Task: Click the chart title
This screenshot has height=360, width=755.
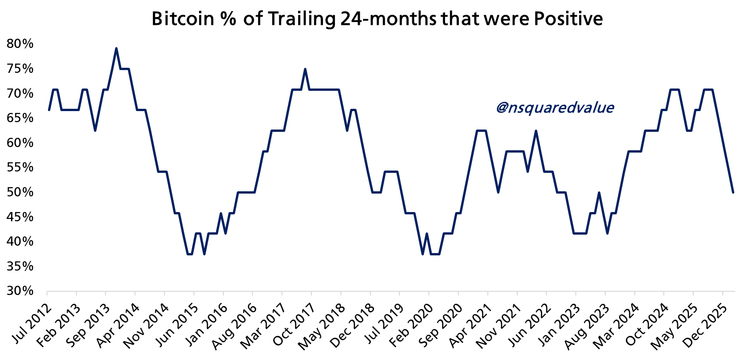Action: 377,19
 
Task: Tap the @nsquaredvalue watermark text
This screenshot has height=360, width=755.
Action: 555,108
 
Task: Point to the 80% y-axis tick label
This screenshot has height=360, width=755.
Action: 20,44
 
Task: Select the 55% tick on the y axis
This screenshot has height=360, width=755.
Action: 20,168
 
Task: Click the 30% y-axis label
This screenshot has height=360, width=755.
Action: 20,291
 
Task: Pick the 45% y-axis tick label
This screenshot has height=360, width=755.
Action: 20,217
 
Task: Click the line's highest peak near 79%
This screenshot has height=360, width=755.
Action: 116,48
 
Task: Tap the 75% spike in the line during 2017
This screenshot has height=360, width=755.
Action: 305,69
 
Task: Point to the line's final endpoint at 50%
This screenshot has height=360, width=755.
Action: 733,192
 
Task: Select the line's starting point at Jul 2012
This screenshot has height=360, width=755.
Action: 49,110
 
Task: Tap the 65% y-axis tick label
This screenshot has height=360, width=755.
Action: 20,118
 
